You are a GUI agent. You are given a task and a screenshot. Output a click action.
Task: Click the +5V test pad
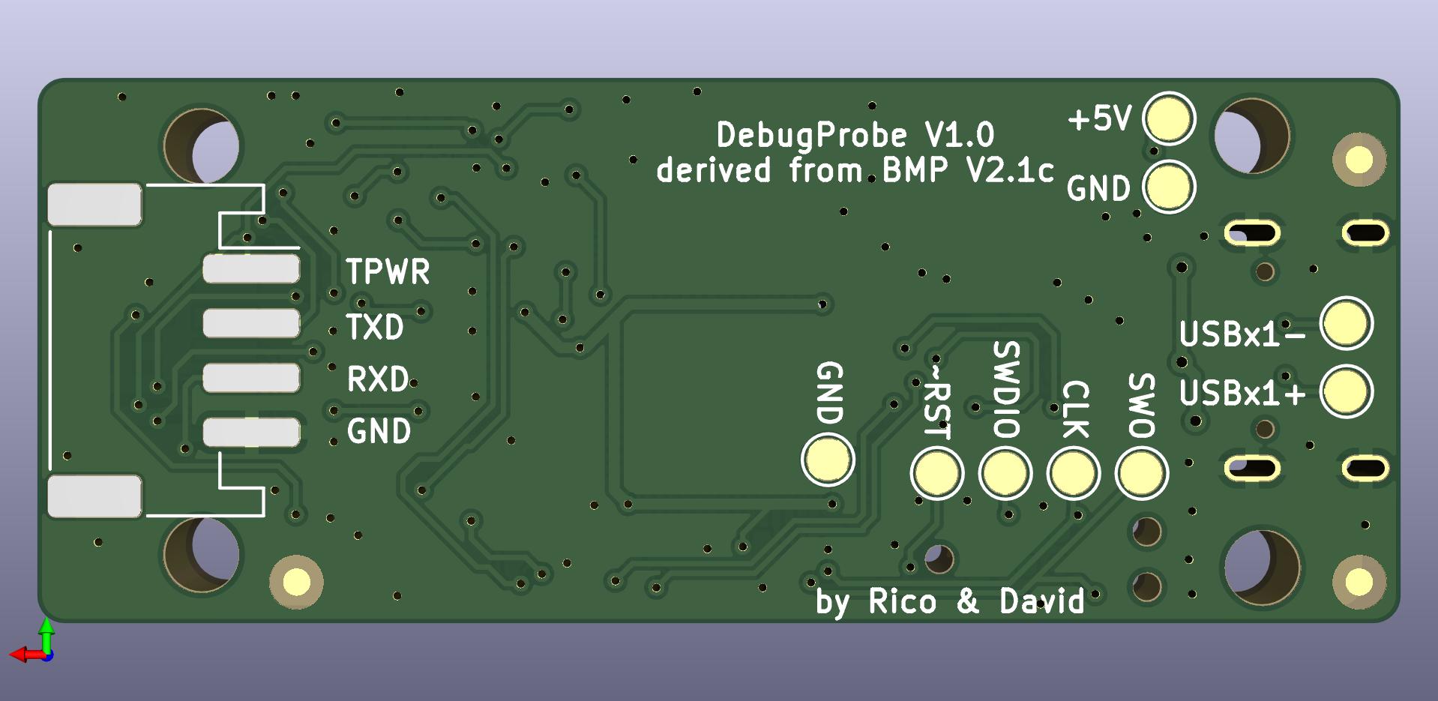[1169, 118]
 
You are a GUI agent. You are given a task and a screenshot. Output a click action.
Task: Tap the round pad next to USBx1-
[1347, 324]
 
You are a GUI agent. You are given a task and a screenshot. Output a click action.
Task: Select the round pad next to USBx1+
[1347, 391]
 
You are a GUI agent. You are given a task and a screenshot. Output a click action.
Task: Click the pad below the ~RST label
[936, 473]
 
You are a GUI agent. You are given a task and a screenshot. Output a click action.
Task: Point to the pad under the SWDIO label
[1005, 473]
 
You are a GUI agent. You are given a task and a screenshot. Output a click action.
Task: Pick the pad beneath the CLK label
[1073, 473]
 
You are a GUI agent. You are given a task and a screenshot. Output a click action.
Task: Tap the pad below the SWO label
[1141, 473]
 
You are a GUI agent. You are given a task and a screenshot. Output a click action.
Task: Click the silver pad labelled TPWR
[251, 269]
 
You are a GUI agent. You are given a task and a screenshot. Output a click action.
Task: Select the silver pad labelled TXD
[251, 323]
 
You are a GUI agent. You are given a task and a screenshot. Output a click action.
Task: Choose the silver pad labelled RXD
[251, 378]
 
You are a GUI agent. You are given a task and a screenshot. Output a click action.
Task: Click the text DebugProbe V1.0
[855, 136]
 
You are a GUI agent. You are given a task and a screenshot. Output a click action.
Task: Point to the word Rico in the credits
[902, 601]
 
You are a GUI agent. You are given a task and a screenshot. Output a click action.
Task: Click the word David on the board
[1041, 601]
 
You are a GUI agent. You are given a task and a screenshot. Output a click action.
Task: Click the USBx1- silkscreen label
[1242, 334]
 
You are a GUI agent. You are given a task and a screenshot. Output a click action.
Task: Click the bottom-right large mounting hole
[1262, 567]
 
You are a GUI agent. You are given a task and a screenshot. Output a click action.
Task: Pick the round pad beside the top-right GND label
[1169, 187]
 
